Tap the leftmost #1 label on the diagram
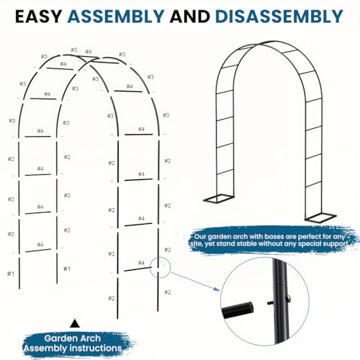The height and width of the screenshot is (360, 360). point(10,274)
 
